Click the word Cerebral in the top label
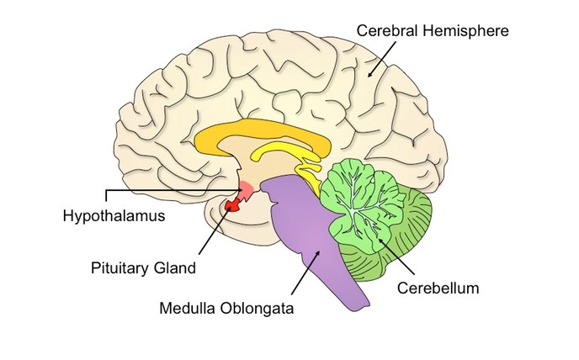(x=387, y=30)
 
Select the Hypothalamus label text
(x=114, y=216)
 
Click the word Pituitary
(x=120, y=268)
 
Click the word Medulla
(x=183, y=308)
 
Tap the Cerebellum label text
(x=438, y=288)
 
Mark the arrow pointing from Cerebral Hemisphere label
(x=381, y=59)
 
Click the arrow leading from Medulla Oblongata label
(x=305, y=273)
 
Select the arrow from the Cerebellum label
(x=396, y=257)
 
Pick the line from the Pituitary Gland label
(x=215, y=230)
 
